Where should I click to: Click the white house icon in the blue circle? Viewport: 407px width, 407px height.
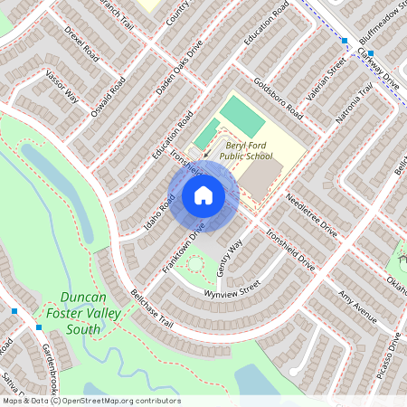[203, 195]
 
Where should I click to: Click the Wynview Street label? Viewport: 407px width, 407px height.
[232, 287]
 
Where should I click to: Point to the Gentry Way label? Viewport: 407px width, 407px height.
[231, 252]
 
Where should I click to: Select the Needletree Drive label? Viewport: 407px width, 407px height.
[311, 216]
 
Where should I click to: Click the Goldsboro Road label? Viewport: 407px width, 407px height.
[279, 99]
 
